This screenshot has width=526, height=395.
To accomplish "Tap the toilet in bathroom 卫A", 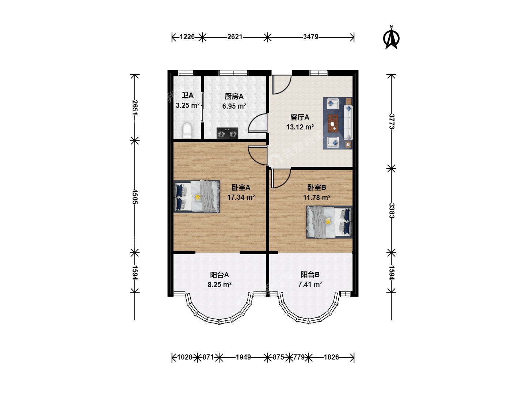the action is [x=187, y=131].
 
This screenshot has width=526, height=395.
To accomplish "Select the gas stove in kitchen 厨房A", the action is [x=227, y=133].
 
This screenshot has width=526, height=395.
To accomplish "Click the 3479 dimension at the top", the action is [x=310, y=37].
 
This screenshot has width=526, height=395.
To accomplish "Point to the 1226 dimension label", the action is [x=187, y=37].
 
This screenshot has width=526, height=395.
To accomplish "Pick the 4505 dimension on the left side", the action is [x=135, y=196].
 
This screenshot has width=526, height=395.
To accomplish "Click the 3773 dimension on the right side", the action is [x=391, y=121].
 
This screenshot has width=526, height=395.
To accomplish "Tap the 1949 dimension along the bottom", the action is [x=243, y=357].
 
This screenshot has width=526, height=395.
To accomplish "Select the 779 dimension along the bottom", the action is [x=299, y=357].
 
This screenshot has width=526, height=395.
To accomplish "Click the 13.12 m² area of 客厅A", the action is [x=300, y=127].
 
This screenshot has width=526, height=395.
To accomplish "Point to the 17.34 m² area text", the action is [x=241, y=197].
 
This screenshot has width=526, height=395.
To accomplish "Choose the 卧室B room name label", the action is [x=317, y=187].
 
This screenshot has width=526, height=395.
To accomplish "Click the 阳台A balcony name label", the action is [x=219, y=275].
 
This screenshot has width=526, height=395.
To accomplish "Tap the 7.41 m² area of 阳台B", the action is [x=310, y=284].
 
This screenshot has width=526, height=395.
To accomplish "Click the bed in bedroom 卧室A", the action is [x=197, y=197].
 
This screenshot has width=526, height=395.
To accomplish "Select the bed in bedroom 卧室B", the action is [x=329, y=222].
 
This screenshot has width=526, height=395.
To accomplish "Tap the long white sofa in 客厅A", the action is [x=348, y=123].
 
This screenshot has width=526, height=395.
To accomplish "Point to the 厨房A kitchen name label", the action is [x=234, y=97].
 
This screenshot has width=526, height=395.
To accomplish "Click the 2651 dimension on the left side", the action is [x=135, y=108].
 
